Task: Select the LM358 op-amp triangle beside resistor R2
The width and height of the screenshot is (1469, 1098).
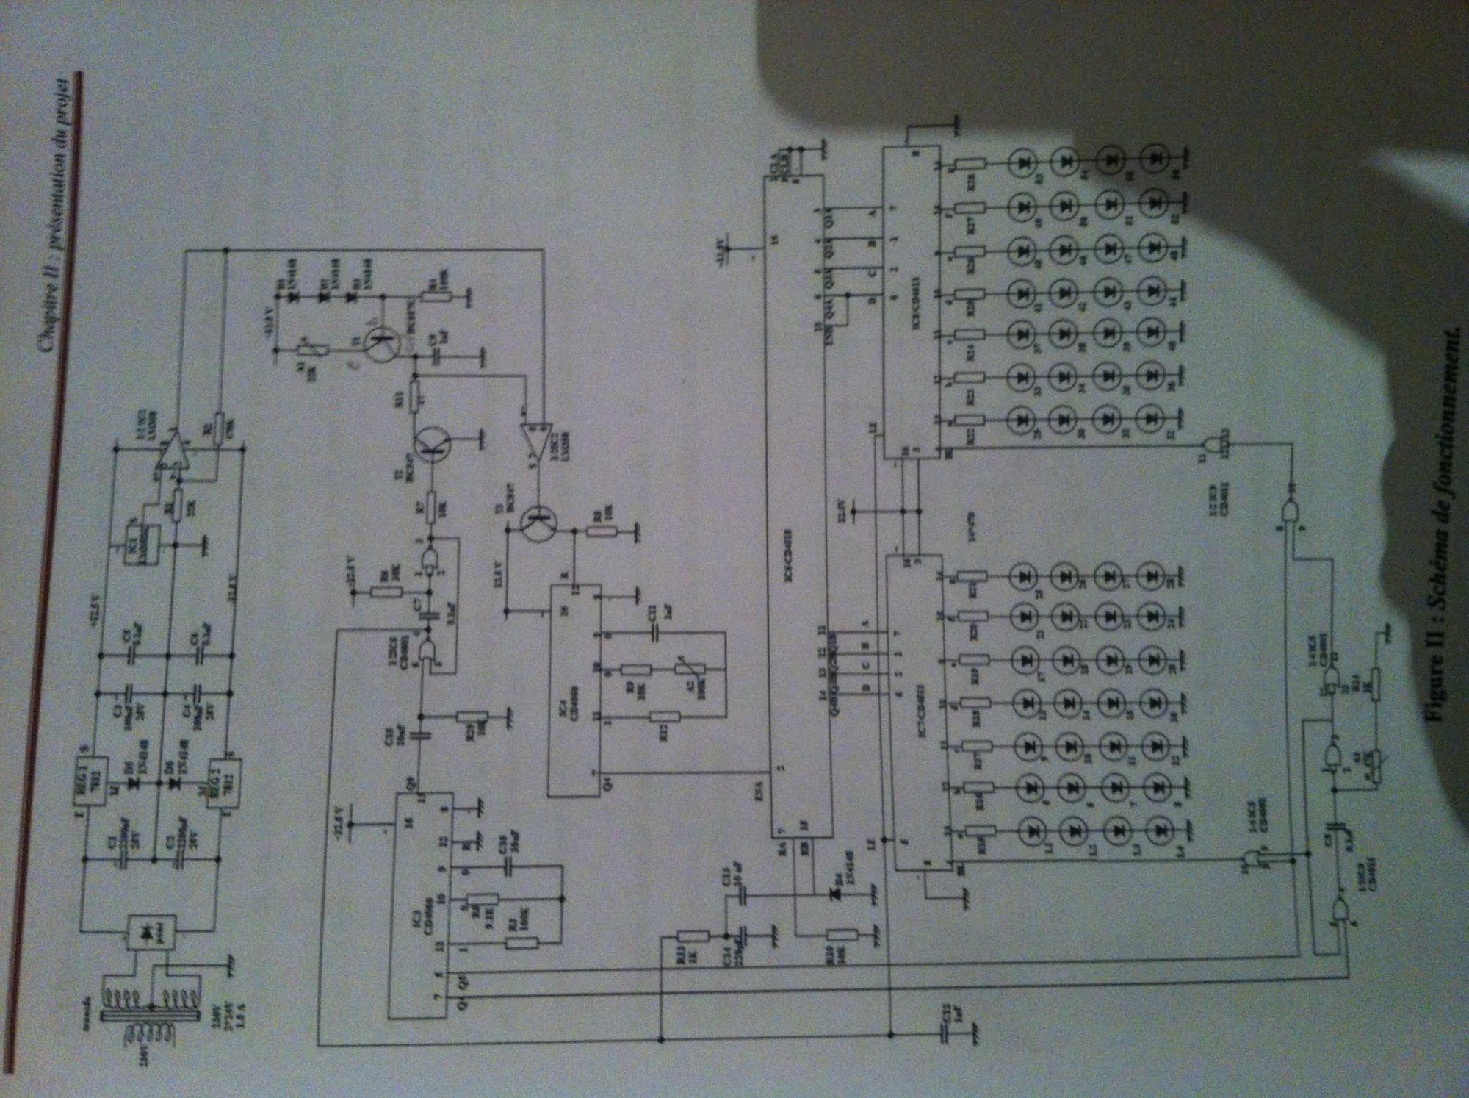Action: [172, 452]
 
